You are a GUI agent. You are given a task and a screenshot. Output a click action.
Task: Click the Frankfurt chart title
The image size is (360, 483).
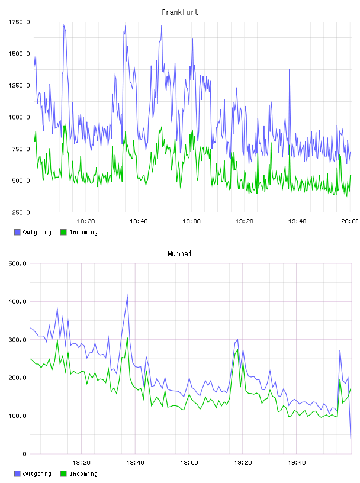(x=180, y=12)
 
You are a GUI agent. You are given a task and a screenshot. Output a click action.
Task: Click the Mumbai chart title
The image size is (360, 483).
(x=179, y=253)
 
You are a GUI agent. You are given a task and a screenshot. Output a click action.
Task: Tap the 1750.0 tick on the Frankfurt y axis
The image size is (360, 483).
(x=19, y=22)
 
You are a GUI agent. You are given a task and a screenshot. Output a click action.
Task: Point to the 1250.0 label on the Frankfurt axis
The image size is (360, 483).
(x=19, y=85)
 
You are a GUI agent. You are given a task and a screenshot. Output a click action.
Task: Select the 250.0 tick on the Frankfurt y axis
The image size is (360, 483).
(x=21, y=212)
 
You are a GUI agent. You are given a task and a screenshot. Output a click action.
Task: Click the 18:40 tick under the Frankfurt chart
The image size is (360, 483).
(x=139, y=221)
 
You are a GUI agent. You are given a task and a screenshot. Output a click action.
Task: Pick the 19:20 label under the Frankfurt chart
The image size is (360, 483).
(x=245, y=221)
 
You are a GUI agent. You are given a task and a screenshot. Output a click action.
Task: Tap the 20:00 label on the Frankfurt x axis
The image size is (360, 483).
(x=350, y=221)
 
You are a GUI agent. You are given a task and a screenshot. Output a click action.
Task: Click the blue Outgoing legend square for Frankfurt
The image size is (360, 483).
(x=17, y=232)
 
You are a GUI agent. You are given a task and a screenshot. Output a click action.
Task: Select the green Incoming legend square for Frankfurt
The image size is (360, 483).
(x=63, y=232)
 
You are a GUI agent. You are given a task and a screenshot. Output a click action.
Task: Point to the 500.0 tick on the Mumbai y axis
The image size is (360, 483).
(x=18, y=263)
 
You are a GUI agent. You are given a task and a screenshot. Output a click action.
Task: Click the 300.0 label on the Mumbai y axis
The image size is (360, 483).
(x=18, y=339)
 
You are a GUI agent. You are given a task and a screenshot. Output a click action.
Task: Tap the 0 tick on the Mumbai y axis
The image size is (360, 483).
(x=25, y=454)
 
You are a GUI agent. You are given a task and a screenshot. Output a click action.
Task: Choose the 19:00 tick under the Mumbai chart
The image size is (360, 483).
(x=189, y=462)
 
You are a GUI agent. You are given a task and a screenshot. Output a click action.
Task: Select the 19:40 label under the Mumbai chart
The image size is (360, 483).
(x=297, y=462)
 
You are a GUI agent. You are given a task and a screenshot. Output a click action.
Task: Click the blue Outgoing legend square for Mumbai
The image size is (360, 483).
(x=17, y=474)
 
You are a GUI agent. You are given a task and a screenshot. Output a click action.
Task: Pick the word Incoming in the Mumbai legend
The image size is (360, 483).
(x=83, y=474)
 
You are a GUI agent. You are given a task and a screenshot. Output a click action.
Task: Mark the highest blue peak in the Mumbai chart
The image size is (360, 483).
(x=127, y=295)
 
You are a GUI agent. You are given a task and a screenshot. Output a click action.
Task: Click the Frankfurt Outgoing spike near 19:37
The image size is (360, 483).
(x=290, y=69)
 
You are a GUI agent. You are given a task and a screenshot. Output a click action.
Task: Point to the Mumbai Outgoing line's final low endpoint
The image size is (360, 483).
(x=351, y=438)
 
